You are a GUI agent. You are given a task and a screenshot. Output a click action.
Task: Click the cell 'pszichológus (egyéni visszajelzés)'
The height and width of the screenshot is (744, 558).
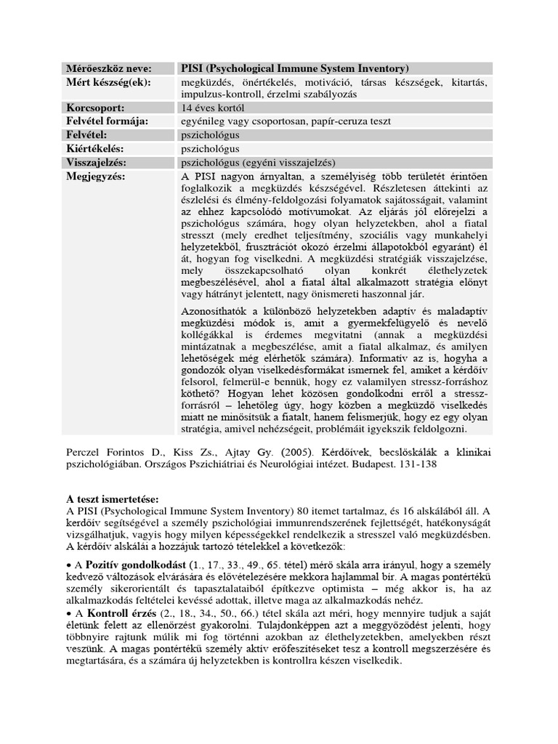(258, 162)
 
